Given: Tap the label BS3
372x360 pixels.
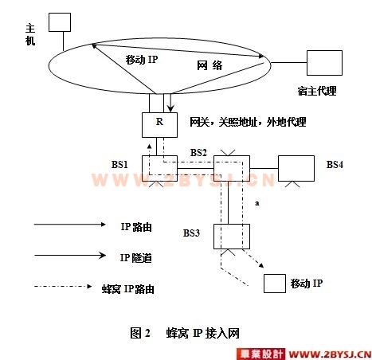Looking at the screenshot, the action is point(191,233).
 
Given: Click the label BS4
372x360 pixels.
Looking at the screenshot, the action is point(335,165).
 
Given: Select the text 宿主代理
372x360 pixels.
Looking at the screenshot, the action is point(317,91).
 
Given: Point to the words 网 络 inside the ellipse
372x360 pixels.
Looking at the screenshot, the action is point(209,65).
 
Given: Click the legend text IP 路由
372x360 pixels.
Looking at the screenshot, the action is point(136,227).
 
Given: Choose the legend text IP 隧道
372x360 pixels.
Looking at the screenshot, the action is point(136,258).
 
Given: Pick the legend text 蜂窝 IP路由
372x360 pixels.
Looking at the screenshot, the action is point(128,289).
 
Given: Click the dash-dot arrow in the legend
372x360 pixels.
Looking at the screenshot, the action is point(63,286).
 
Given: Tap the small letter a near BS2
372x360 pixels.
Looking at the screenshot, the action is point(257,203).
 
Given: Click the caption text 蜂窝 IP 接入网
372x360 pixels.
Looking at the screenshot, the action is point(203,333).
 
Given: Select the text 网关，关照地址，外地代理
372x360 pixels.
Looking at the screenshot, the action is point(248,122).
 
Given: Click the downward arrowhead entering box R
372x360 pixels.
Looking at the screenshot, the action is point(170,109).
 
